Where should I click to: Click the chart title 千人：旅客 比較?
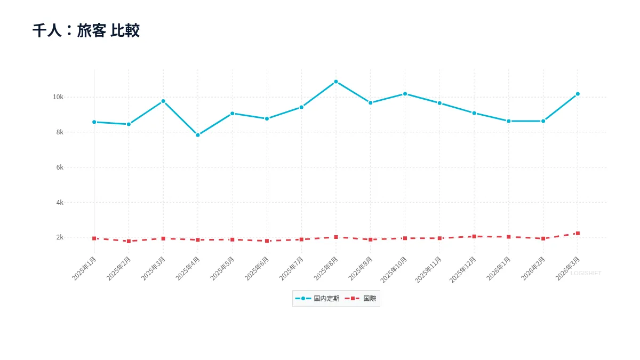tap(86, 30)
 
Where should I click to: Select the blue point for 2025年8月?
tap(336, 82)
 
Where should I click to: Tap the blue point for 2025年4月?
tap(198, 135)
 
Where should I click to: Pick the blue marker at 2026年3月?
tap(578, 94)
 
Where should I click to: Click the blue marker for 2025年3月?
tap(163, 101)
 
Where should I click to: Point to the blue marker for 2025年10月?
tap(405, 94)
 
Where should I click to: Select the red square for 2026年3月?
tap(578, 234)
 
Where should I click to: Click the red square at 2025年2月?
tap(129, 241)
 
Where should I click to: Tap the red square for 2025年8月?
tap(336, 237)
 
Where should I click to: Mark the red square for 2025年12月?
tap(474, 236)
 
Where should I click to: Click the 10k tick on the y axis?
tap(58, 97)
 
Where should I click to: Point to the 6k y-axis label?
tap(60, 167)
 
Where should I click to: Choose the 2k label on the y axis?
tap(60, 237)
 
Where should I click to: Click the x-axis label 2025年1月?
tap(84, 269)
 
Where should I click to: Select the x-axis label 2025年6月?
tap(257, 269)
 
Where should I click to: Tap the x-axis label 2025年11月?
tap(428, 270)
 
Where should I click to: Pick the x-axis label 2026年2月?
tap(533, 269)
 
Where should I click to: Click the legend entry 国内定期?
tap(317, 299)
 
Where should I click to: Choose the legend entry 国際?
tap(361, 299)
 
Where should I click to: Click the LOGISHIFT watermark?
tap(586, 274)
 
